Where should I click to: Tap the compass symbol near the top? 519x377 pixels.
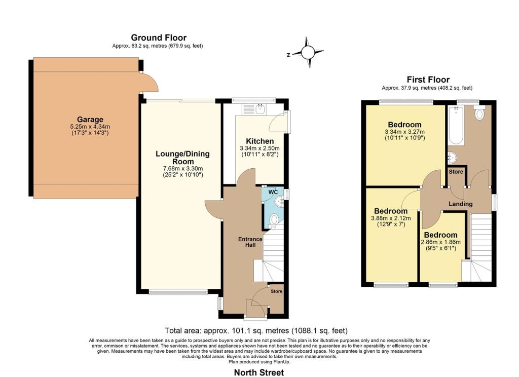(308, 52)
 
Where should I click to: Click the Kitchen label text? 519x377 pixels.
(259, 141)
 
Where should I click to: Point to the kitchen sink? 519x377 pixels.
(259, 107)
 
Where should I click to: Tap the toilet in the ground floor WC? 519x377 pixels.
(274, 220)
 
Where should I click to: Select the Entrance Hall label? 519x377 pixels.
(251, 242)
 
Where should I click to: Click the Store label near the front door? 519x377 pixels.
(276, 291)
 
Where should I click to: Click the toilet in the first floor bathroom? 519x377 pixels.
(479, 114)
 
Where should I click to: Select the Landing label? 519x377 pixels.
(460, 204)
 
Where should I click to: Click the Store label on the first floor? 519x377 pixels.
(456, 172)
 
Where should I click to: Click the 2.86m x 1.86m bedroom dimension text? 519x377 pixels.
(440, 242)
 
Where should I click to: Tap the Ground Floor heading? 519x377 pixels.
(158, 37)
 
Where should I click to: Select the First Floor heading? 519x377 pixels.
(428, 80)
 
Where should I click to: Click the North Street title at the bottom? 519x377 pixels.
(258, 372)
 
